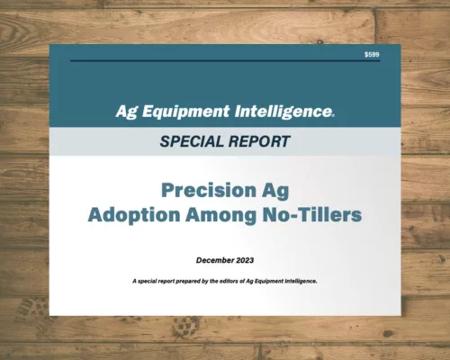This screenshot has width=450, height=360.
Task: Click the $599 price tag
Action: pos(372,55)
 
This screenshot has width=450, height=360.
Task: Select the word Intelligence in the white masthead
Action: pos(282,112)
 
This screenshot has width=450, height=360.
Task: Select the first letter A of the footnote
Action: pos(133,282)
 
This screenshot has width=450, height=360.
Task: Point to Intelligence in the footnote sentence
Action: pos(306,282)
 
